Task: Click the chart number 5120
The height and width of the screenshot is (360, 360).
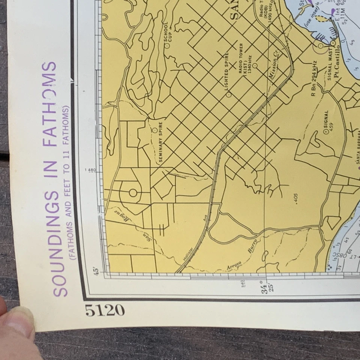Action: [x=105, y=310]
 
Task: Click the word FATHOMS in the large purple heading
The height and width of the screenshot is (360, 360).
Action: [x=50, y=104]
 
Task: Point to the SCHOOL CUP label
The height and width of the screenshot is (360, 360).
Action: [x=166, y=31]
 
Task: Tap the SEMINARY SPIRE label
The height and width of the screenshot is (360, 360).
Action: [x=160, y=142]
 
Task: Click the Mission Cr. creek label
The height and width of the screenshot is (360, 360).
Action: [x=276, y=66]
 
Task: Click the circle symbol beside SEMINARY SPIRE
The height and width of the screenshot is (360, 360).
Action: [x=154, y=130]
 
